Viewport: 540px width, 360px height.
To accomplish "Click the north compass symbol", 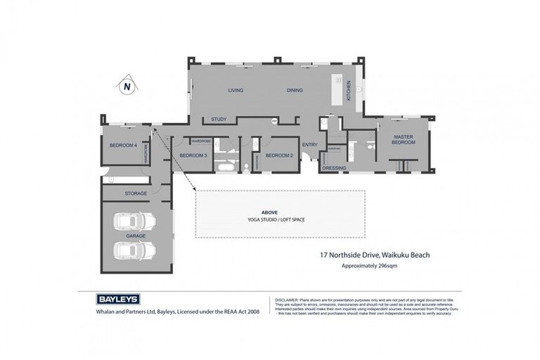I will click(127, 86).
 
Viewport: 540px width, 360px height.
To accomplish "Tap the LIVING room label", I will click(235, 91).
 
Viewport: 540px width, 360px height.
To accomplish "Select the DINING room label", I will click(295, 91).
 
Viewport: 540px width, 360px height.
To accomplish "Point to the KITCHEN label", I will click(349, 91).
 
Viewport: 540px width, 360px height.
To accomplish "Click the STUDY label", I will click(219, 120).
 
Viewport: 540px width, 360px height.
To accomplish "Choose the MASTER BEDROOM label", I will click(404, 139).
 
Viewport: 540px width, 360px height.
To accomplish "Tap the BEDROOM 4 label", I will click(122, 146).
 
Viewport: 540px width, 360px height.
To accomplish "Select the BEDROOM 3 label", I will click(193, 155).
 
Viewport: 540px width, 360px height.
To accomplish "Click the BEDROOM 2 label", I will click(278, 155).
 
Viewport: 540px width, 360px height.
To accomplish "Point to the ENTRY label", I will click(309, 146).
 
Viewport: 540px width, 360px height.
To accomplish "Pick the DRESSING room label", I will click(333, 168).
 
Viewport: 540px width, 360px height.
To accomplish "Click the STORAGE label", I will click(136, 193).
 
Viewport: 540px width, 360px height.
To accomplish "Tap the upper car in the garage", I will click(136, 221).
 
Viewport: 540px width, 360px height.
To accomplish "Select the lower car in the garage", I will click(136, 251).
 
